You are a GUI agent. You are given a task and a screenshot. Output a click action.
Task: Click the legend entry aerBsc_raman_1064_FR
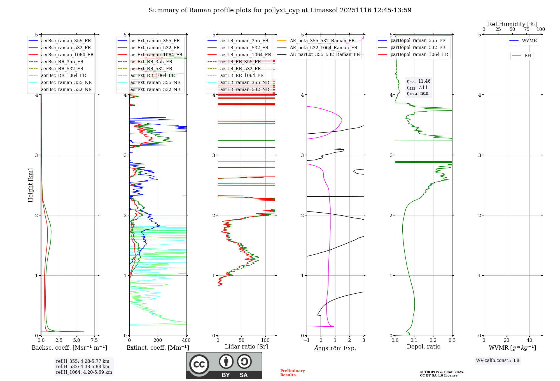(x=67, y=55)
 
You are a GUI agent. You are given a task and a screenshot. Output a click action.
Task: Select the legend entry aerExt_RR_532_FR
(x=151, y=69)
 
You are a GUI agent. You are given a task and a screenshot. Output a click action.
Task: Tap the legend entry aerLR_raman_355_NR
(x=244, y=82)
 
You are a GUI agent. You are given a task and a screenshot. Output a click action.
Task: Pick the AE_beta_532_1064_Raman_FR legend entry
(x=323, y=48)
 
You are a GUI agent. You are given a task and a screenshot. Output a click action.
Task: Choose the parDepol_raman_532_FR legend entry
(x=418, y=48)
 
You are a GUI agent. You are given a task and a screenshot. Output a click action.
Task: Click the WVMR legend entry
(x=529, y=41)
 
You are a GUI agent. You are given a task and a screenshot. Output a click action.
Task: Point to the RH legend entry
(x=528, y=56)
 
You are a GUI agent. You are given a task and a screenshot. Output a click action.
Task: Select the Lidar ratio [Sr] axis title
(x=246, y=347)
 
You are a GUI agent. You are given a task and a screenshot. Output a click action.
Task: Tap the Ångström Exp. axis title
(x=335, y=348)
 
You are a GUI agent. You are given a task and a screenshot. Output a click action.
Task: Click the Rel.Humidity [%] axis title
(x=512, y=24)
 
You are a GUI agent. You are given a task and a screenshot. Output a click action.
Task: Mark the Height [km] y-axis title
(x=31, y=185)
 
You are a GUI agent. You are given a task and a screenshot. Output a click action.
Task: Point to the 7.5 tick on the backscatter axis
(x=94, y=340)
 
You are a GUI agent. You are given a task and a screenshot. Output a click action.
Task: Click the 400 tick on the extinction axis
(x=186, y=340)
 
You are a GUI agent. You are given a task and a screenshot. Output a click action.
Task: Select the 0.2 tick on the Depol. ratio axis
(x=433, y=340)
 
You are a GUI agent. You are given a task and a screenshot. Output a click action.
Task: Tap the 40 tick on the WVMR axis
(x=529, y=340)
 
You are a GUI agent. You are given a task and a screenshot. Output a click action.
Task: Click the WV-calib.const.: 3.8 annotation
(x=498, y=361)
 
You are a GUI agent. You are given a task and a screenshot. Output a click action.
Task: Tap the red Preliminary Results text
(x=292, y=373)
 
